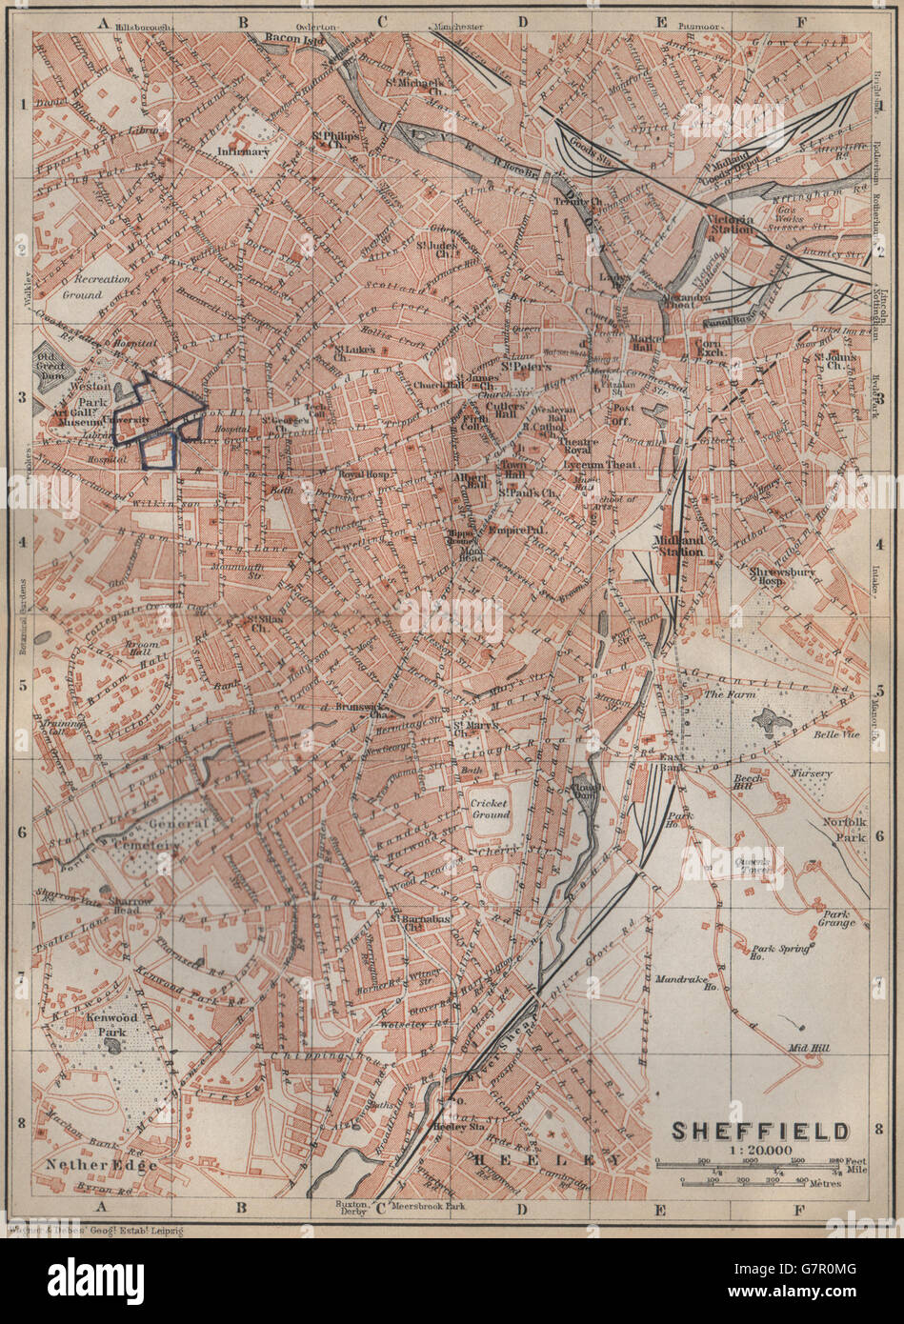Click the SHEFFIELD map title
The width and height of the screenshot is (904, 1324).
(760, 1131)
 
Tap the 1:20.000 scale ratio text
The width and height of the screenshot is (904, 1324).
(760, 1151)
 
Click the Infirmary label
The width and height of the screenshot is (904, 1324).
(244, 150)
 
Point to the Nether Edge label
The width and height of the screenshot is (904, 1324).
(99, 1164)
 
